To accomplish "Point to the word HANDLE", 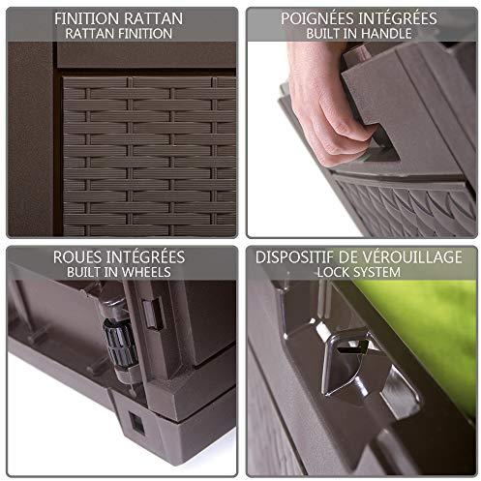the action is click(x=386, y=34).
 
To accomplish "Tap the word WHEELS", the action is click(x=144, y=272).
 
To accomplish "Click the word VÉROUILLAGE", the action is click(x=412, y=257).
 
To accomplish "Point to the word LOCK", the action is click(x=332, y=272).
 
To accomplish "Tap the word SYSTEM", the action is click(x=376, y=272).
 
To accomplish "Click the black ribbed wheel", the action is click(x=120, y=343).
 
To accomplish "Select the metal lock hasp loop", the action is click(x=346, y=361).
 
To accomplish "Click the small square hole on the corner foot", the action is click(x=136, y=423).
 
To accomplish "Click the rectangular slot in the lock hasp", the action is click(x=348, y=348).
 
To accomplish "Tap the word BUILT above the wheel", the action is click(x=84, y=272).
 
